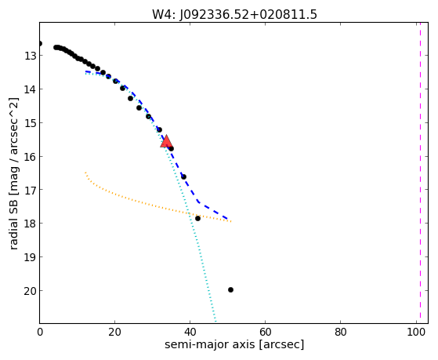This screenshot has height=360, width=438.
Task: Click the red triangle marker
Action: pos(166,141)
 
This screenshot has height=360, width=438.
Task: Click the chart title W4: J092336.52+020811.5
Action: pos(234,14)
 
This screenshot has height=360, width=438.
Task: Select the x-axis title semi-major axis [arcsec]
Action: pos(234,344)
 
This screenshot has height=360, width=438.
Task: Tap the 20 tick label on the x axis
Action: pos(114,333)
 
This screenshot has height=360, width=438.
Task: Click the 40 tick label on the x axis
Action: pos(190,333)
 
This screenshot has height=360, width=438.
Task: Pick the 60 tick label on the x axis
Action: pos(265,333)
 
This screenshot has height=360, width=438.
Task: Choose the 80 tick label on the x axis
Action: pos(341,333)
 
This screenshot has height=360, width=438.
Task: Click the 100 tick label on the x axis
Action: pos(415,333)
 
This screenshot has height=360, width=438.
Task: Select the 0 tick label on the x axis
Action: pos(40,333)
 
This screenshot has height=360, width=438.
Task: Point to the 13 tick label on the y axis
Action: pos(30,56)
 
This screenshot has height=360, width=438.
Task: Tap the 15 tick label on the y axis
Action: pos(30,123)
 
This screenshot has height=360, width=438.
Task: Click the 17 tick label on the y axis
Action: pos(30,190)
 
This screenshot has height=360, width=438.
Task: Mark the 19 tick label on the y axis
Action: pos(30,257)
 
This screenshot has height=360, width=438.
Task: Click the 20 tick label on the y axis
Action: pos(30,291)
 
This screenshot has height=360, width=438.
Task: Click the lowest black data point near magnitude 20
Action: pos(230,289)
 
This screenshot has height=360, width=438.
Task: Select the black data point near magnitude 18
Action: pos(197,218)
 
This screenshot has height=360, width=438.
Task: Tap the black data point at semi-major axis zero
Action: pos(40,43)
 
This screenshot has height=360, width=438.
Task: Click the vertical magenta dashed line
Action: pos(420,173)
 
